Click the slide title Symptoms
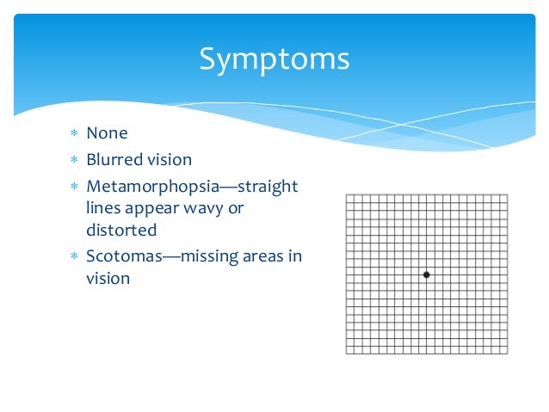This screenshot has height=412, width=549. (274, 59)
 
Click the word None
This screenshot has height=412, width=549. (107, 134)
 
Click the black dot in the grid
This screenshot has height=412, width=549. (426, 274)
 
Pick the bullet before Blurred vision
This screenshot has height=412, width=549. (74, 161)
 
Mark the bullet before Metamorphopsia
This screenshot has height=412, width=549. (74, 188)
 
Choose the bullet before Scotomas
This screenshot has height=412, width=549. (74, 257)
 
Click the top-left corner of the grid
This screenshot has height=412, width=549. (346, 194)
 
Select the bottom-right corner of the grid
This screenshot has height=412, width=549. (508, 354)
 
